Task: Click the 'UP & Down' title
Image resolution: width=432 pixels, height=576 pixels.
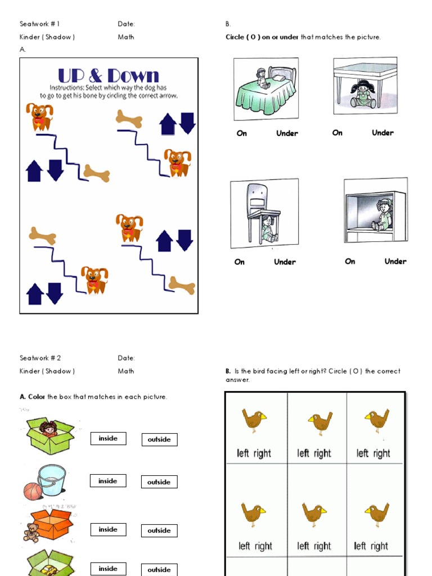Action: [x=109, y=75]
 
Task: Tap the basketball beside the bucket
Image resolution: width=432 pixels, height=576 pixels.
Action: [x=33, y=491]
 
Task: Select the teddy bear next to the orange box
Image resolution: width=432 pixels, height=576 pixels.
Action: [x=31, y=532]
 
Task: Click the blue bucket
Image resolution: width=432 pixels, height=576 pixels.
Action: [x=51, y=479]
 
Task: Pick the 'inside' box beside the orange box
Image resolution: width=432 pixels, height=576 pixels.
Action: [x=108, y=529]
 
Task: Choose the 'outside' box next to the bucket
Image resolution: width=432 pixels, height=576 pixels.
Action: [x=159, y=482]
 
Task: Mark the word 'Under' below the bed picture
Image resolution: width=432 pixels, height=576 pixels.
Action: [x=287, y=133]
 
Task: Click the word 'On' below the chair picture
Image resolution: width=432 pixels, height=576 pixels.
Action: [x=240, y=262]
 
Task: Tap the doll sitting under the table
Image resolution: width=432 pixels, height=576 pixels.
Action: [x=363, y=94]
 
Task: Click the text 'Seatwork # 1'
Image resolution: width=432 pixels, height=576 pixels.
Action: [x=39, y=24]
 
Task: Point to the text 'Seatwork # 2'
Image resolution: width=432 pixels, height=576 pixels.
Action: [x=39, y=358]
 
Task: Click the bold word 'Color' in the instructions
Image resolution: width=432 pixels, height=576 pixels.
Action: [x=37, y=397]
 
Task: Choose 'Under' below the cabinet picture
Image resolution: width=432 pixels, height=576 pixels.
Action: [x=395, y=262]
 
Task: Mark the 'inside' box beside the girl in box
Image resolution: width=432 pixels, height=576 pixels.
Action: [x=108, y=439]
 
